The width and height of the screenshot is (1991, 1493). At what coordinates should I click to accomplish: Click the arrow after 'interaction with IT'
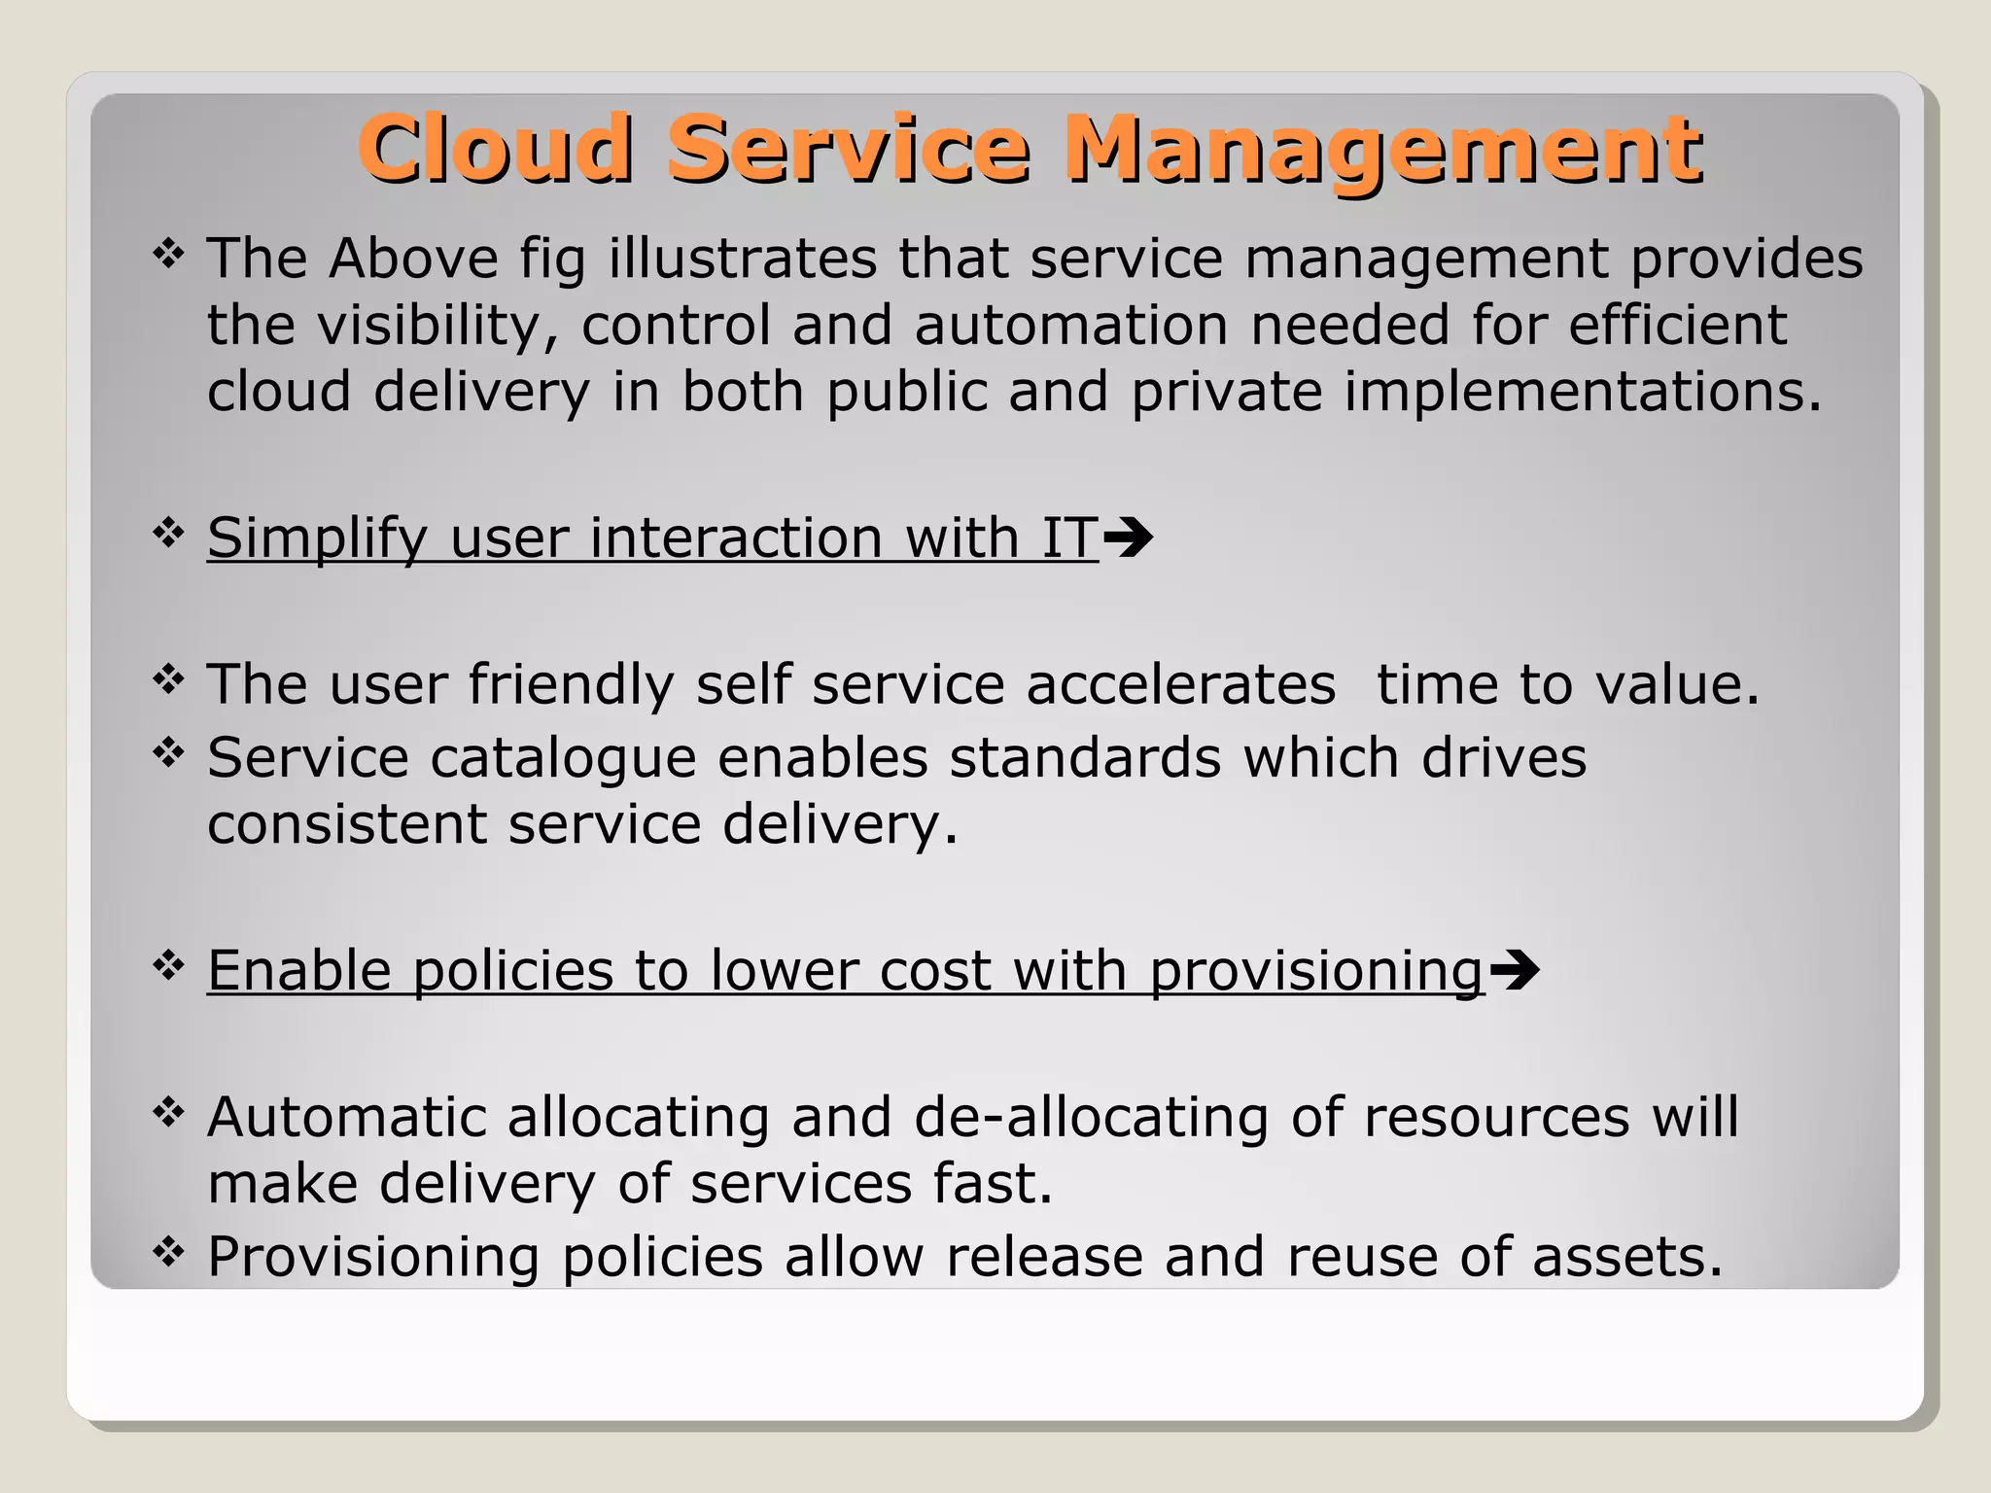tap(1129, 538)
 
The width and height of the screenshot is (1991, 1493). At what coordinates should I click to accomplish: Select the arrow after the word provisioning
tap(1514, 969)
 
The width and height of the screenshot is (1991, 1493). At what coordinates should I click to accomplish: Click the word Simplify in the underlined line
tap(317, 538)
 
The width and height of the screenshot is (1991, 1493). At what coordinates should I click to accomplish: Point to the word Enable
tap(298, 969)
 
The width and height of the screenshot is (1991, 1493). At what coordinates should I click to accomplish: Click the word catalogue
tap(563, 757)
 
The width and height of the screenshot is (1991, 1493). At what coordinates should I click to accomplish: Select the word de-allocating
tap(1091, 1116)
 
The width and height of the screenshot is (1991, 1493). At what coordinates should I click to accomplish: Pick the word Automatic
tap(346, 1116)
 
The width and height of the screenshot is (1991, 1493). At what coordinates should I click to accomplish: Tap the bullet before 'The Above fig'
tap(169, 255)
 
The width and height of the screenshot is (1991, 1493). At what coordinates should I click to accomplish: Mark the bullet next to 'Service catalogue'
tap(169, 752)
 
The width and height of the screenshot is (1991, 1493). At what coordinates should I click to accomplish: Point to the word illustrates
tap(743, 259)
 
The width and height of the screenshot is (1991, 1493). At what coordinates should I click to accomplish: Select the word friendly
tap(571, 684)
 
